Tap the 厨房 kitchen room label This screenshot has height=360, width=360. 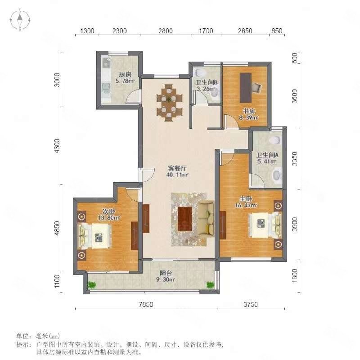click(x=125, y=75)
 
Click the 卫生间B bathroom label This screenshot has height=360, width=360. click(x=207, y=82)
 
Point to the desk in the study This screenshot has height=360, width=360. click(x=245, y=88)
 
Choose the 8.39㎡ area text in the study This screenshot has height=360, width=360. click(x=249, y=117)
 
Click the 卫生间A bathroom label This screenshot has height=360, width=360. click(x=267, y=155)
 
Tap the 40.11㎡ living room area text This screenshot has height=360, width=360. click(x=177, y=175)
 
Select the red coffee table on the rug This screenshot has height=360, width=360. click(x=185, y=219)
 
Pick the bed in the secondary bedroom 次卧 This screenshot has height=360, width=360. click(x=94, y=236)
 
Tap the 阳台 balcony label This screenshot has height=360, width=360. click(x=166, y=273)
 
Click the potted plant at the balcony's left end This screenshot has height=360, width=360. click(x=92, y=285)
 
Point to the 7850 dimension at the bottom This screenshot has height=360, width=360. click(x=146, y=305)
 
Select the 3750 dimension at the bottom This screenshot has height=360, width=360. click(x=251, y=305)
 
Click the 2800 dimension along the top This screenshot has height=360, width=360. click(x=165, y=31)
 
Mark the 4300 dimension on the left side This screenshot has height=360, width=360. click(x=57, y=145)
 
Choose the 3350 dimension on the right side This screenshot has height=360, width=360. click(x=295, y=159)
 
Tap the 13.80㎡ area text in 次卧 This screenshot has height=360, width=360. click(x=109, y=218)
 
